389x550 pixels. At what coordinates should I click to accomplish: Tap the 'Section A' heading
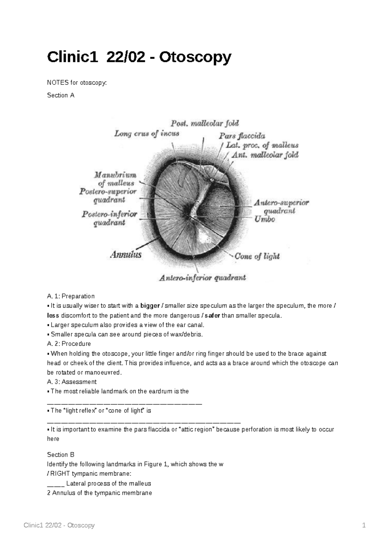click(x=61, y=95)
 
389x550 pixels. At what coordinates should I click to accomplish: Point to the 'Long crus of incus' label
click(x=147, y=133)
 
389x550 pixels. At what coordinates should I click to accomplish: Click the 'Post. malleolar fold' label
click(x=205, y=123)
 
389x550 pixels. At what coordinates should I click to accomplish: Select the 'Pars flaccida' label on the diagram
click(x=242, y=136)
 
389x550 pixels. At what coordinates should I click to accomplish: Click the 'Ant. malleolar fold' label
click(x=265, y=155)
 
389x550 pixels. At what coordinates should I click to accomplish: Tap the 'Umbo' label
click(x=265, y=219)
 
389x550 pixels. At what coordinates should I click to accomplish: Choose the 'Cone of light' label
click(x=257, y=256)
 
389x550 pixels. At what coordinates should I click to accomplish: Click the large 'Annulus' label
click(x=126, y=255)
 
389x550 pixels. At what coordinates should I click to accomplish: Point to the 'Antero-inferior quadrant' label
click(x=202, y=278)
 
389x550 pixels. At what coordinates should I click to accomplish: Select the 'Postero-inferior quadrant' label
click(x=109, y=218)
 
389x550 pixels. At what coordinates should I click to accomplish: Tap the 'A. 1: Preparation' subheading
click(x=71, y=296)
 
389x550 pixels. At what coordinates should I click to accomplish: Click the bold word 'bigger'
click(x=150, y=306)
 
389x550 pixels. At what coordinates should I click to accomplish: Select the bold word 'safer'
click(x=213, y=315)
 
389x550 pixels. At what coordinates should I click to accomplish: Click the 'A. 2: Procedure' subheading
click(x=69, y=344)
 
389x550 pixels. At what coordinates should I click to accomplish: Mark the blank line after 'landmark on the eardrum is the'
click(x=124, y=403)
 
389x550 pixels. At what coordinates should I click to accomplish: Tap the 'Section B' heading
click(x=61, y=454)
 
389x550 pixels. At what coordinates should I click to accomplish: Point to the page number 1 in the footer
click(x=364, y=525)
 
